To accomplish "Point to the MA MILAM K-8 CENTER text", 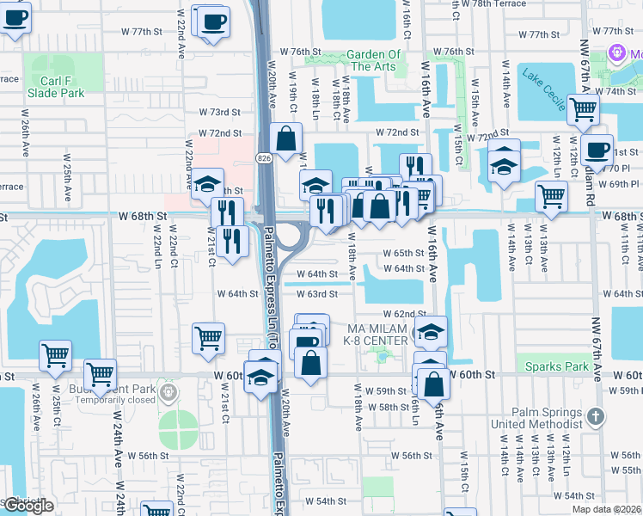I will tap(376, 335).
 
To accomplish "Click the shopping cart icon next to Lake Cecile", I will tap(583, 109).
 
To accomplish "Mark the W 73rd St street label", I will tap(219, 112).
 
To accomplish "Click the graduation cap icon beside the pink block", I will tap(206, 183).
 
